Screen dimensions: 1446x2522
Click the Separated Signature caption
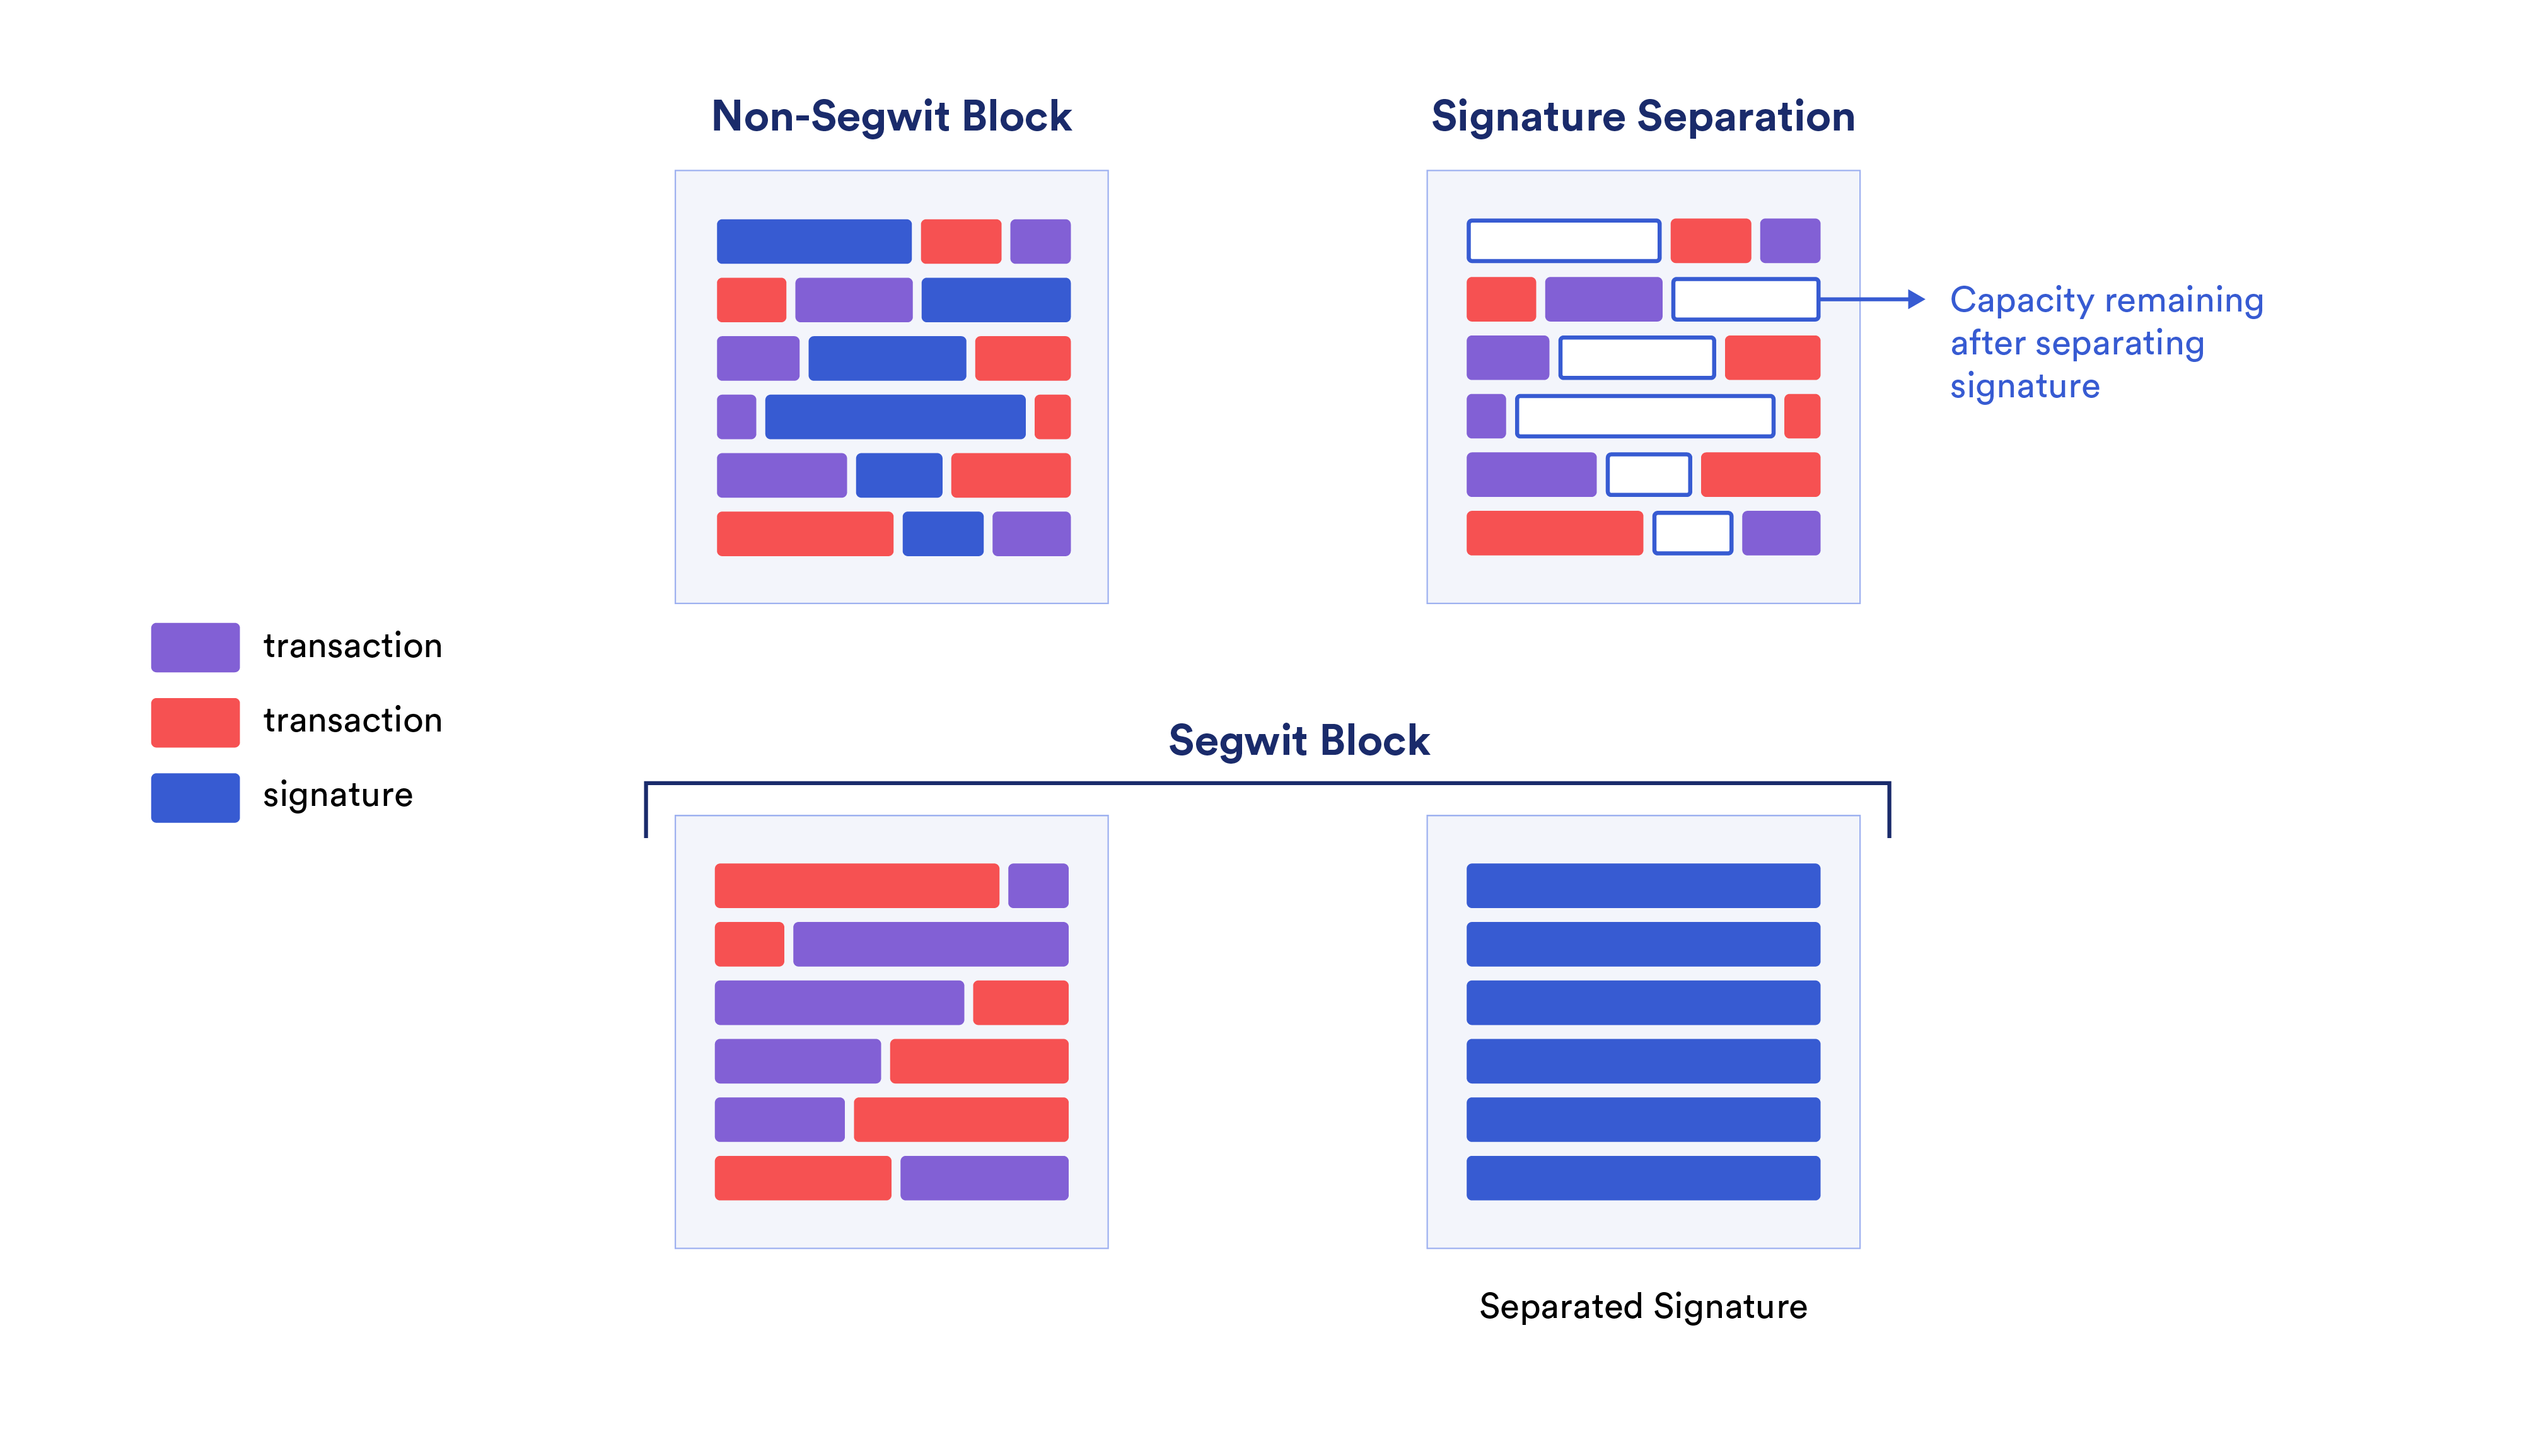click(x=1642, y=1306)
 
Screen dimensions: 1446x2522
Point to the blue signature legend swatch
click(x=195, y=798)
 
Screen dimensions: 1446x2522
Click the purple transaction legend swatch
click(x=195, y=648)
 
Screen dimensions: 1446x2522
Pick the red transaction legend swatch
click(x=195, y=722)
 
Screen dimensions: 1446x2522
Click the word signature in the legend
click(x=337, y=795)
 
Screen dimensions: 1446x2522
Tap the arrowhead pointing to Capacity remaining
click(x=1915, y=299)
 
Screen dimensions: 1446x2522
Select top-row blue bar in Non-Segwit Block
click(x=813, y=242)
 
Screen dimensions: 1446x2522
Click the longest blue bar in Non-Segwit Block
click(x=895, y=416)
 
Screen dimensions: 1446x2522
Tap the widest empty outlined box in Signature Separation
click(x=1644, y=416)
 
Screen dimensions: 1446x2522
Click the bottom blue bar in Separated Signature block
click(x=1642, y=1178)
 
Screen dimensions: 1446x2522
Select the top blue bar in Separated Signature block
click(x=1642, y=885)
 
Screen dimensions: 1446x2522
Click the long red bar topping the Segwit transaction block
click(x=856, y=885)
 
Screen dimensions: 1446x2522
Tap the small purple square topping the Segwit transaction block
click(x=1038, y=885)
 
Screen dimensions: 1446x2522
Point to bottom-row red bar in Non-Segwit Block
click(x=805, y=534)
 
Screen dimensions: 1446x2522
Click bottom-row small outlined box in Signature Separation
click(x=1692, y=534)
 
